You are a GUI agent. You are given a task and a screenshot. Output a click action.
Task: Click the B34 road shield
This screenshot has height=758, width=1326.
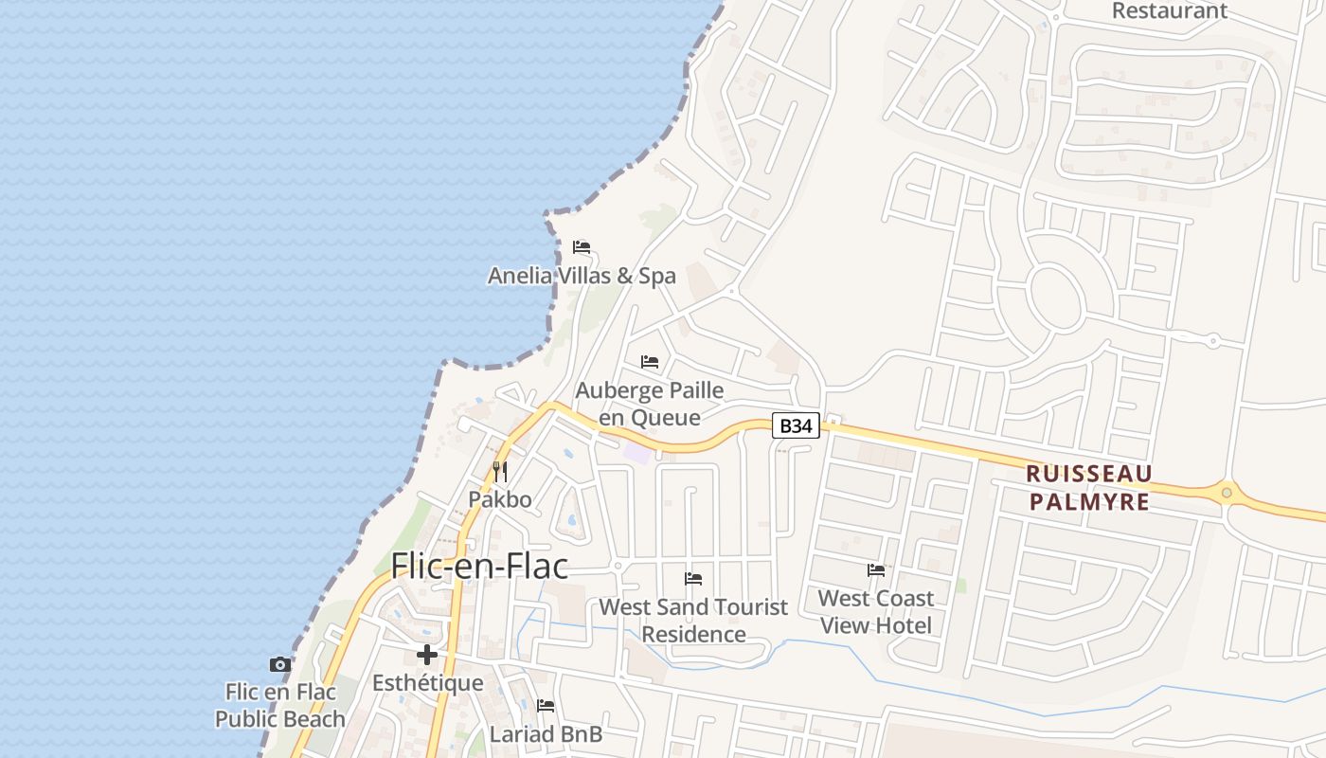pyautogui.click(x=795, y=426)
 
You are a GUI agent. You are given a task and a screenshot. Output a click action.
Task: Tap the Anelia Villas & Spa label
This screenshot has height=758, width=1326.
pyautogui.click(x=582, y=276)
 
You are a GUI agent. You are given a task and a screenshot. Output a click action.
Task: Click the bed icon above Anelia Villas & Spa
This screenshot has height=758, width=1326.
pyautogui.click(x=582, y=247)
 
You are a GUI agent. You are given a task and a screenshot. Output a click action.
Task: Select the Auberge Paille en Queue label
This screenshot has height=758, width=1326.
pyautogui.click(x=650, y=404)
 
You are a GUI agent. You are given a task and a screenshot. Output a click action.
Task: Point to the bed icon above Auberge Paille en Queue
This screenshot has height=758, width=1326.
pyautogui.click(x=650, y=362)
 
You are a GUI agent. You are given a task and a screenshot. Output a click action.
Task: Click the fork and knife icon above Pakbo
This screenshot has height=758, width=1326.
pyautogui.click(x=500, y=471)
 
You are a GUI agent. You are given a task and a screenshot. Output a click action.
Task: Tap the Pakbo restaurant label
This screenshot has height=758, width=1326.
pyautogui.click(x=500, y=499)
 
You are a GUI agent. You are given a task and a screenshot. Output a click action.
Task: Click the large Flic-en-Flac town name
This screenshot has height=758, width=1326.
pyautogui.click(x=479, y=567)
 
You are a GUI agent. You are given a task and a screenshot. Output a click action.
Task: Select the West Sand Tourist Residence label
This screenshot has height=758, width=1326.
pyautogui.click(x=694, y=621)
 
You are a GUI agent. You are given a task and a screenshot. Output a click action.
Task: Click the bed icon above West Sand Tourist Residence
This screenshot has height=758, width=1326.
pyautogui.click(x=693, y=579)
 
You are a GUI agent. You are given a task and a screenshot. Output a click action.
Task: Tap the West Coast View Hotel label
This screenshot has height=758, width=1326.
pyautogui.click(x=876, y=611)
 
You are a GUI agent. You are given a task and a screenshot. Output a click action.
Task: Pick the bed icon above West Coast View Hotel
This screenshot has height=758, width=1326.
pyautogui.click(x=876, y=570)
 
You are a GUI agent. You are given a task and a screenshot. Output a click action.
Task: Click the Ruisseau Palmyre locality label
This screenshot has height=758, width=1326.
pyautogui.click(x=1089, y=487)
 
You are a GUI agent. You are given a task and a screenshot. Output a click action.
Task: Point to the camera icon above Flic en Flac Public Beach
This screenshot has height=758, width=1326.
pyautogui.click(x=279, y=664)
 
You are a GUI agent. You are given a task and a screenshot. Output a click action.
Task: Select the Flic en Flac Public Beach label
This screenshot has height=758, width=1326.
pyautogui.click(x=280, y=706)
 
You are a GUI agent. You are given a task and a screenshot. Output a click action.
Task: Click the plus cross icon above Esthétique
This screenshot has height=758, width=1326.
pyautogui.click(x=427, y=655)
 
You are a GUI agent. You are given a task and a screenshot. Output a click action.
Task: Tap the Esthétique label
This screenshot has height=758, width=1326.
pyautogui.click(x=428, y=683)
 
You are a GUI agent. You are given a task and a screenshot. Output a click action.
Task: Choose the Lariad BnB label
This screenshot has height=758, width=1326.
pyautogui.click(x=546, y=734)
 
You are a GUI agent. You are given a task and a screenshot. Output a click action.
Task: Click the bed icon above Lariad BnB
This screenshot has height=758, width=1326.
pyautogui.click(x=546, y=706)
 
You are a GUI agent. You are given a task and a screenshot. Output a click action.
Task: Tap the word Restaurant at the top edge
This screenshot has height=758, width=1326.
pyautogui.click(x=1169, y=11)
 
